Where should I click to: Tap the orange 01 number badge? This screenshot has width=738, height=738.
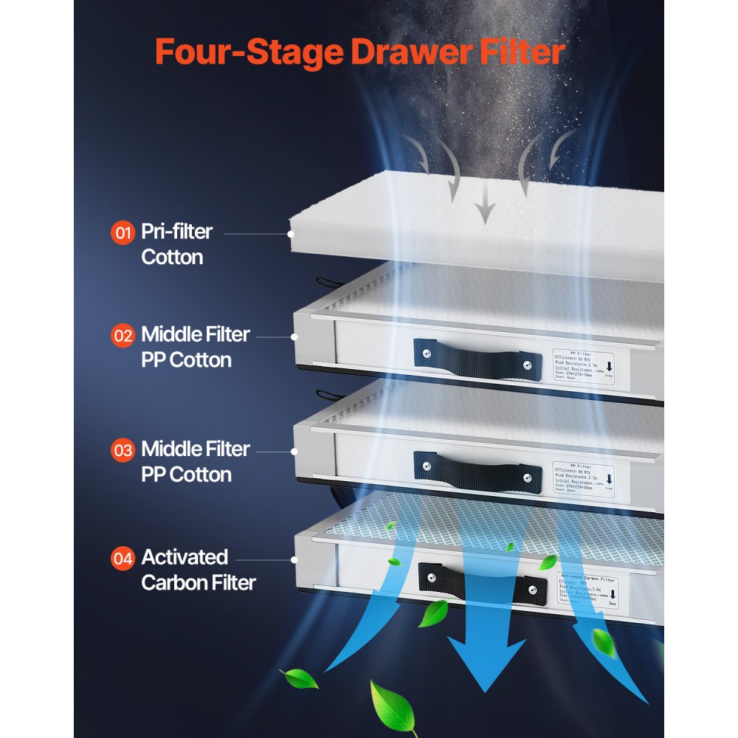(123, 233)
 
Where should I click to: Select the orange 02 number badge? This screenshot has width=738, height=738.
(123, 336)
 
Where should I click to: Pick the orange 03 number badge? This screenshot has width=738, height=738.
(123, 450)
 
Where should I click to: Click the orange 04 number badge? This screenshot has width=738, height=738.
(123, 559)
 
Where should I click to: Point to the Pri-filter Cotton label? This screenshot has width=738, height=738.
(176, 244)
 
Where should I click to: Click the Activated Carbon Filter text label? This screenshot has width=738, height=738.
(198, 570)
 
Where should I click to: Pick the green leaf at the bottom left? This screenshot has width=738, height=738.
(298, 678)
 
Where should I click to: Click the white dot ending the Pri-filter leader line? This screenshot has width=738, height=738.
(293, 233)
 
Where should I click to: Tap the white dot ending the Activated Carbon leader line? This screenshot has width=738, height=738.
(294, 559)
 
